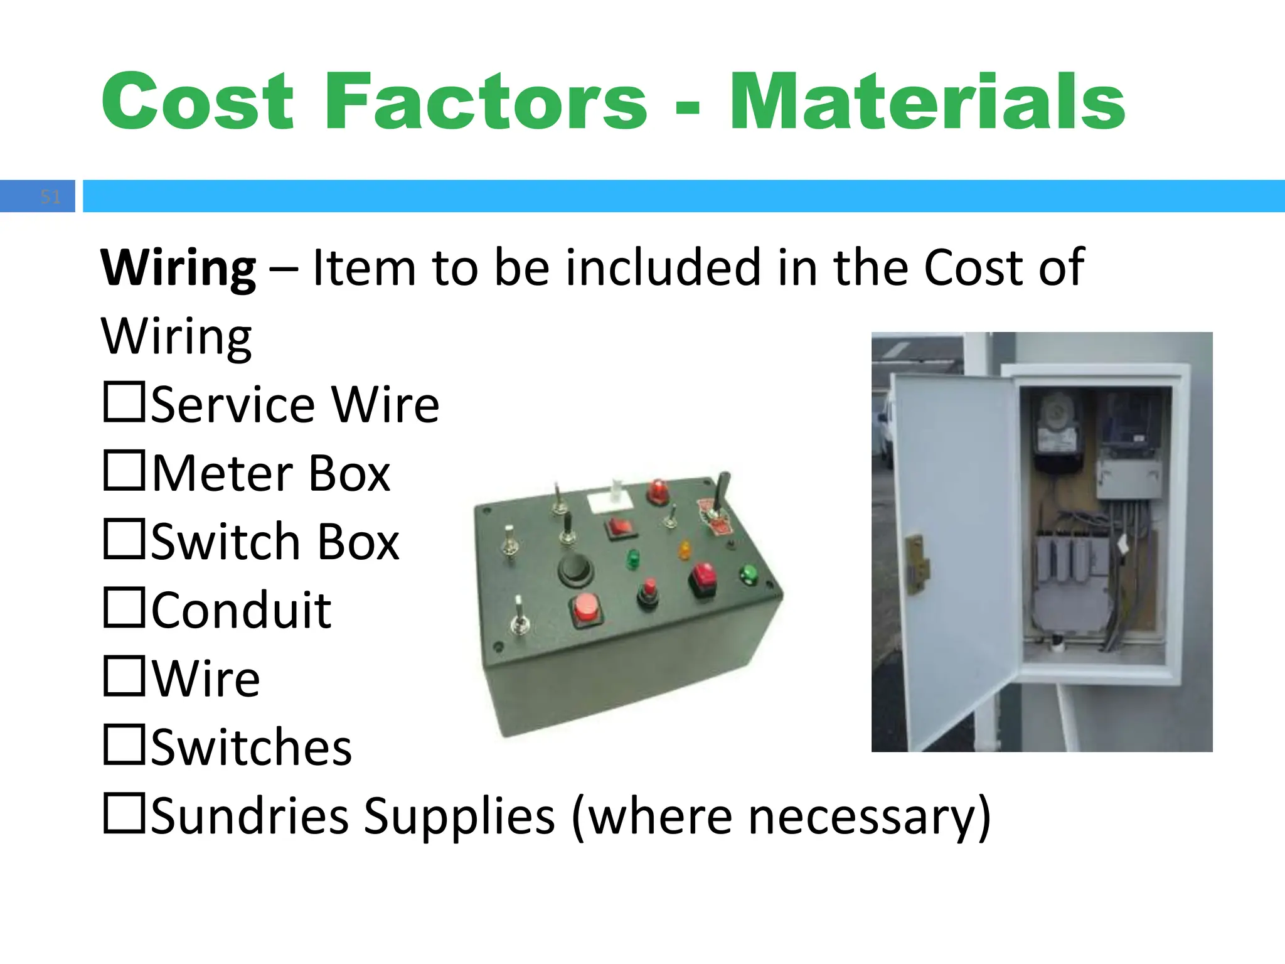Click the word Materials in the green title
(x=927, y=102)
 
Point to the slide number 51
(x=50, y=197)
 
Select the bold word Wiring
(x=179, y=269)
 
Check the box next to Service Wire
(x=124, y=402)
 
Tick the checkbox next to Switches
(x=124, y=744)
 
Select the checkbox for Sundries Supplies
(x=124, y=813)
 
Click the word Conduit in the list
(x=242, y=610)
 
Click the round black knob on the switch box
(x=575, y=569)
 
